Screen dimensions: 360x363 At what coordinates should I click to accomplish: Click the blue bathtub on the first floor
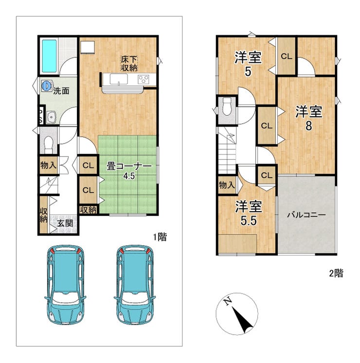click(x=49, y=56)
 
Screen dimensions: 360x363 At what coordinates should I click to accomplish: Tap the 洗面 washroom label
click(x=61, y=91)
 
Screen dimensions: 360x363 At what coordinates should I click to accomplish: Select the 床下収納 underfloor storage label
click(x=129, y=63)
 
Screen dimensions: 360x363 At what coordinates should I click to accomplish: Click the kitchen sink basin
click(x=119, y=79)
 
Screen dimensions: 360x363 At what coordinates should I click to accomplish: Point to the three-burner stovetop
click(x=144, y=80)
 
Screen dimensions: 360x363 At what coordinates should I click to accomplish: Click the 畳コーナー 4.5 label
click(x=129, y=171)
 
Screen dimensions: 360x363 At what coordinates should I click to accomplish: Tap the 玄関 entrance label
click(x=65, y=223)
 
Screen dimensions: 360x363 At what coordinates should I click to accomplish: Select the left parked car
click(x=65, y=284)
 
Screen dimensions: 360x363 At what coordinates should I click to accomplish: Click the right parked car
click(x=134, y=284)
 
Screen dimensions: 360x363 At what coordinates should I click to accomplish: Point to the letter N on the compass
click(x=228, y=301)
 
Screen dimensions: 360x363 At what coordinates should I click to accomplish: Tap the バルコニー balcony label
click(x=306, y=215)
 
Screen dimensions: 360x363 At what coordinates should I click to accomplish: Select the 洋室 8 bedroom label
click(x=308, y=118)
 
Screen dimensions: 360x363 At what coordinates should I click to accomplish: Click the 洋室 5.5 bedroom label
click(x=249, y=214)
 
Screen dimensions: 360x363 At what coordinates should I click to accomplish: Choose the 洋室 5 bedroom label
click(x=248, y=64)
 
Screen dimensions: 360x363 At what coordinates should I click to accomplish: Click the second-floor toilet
click(x=227, y=106)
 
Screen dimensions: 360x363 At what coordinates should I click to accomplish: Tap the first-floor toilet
click(x=49, y=144)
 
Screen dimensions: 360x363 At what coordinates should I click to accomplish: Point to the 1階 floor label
click(x=160, y=237)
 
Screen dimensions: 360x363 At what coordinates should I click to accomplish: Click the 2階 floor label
click(x=336, y=273)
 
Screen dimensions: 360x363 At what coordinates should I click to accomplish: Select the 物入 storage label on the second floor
click(x=227, y=185)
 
